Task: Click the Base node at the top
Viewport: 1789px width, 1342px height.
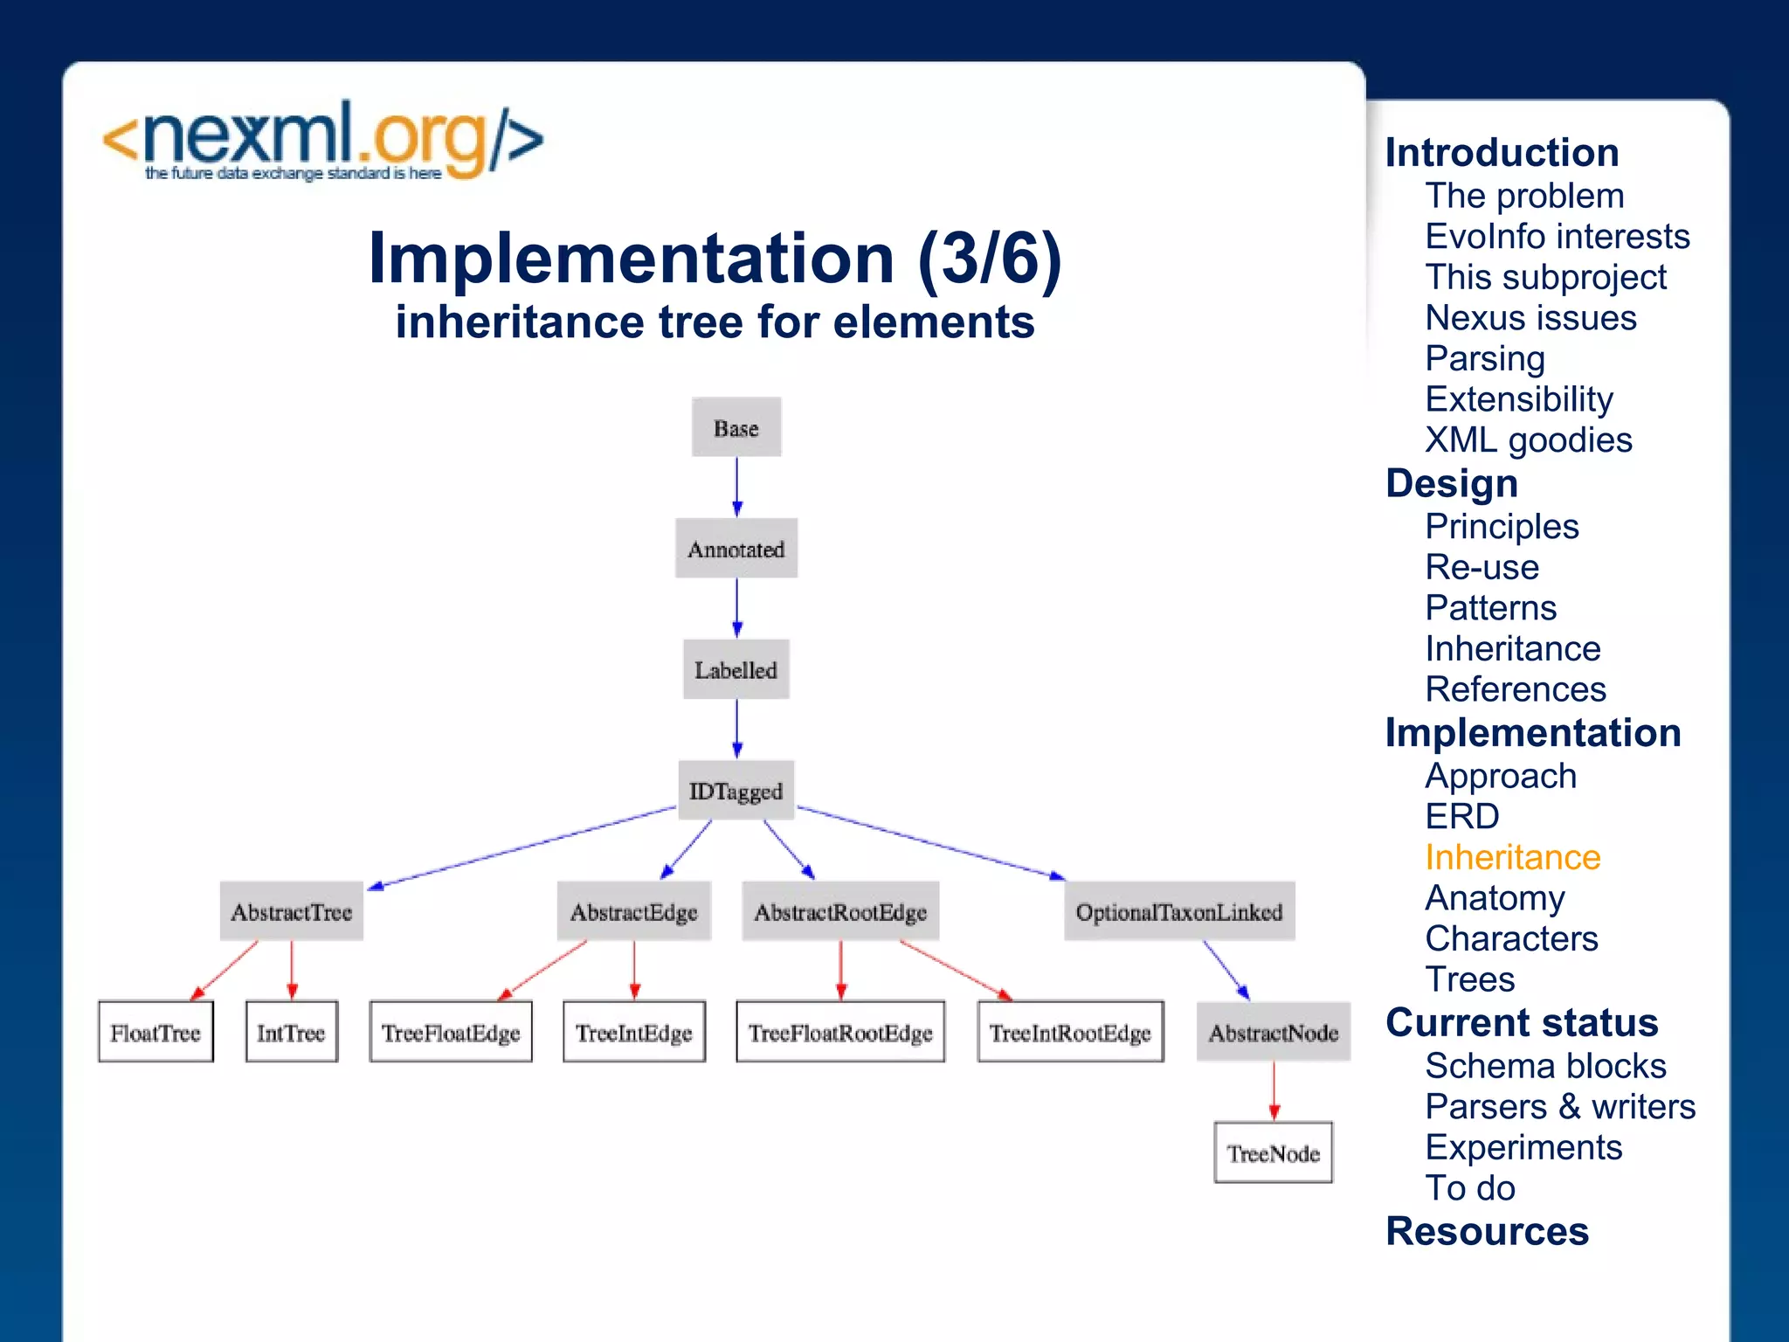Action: click(x=736, y=428)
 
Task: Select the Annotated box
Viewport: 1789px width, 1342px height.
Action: click(x=736, y=549)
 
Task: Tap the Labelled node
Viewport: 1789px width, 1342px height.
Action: click(x=736, y=670)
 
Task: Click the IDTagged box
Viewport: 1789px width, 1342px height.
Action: click(x=736, y=791)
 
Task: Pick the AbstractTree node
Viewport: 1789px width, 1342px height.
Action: click(x=291, y=911)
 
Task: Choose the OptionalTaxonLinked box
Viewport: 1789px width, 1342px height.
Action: click(x=1178, y=911)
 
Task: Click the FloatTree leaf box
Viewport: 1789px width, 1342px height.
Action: click(x=155, y=1032)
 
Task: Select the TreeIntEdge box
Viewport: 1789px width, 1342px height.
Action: click(x=633, y=1032)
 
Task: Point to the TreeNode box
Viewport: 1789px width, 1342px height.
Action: click(x=1273, y=1153)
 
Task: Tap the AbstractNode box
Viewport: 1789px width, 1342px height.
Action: click(x=1273, y=1032)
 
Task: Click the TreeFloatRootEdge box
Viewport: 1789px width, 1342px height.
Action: click(x=839, y=1032)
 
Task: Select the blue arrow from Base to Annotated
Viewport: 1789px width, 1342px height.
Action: click(x=736, y=486)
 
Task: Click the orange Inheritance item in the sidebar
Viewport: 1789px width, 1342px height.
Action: click(x=1512, y=857)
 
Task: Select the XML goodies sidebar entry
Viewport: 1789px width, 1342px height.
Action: click(x=1528, y=439)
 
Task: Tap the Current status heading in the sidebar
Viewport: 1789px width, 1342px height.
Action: click(x=1521, y=1022)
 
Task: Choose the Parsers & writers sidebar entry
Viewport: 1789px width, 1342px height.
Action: click(x=1559, y=1106)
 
